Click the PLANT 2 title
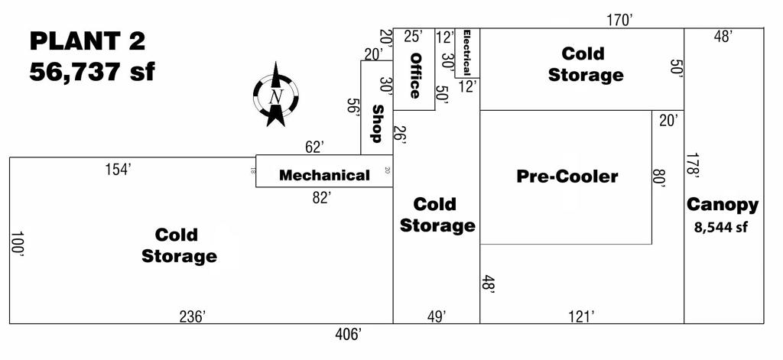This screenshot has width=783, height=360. tap(87, 42)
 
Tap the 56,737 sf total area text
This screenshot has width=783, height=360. tap(92, 73)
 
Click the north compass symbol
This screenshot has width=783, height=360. tap(275, 97)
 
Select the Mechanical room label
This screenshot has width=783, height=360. tap(324, 175)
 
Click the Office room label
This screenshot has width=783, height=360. tap(415, 75)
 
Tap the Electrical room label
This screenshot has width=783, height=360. tap(466, 52)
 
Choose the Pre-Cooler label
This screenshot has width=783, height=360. tap(567, 177)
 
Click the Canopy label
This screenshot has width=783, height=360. tap(723, 205)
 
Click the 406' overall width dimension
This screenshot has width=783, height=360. tap(349, 333)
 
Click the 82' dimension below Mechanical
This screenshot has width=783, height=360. tap(322, 197)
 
